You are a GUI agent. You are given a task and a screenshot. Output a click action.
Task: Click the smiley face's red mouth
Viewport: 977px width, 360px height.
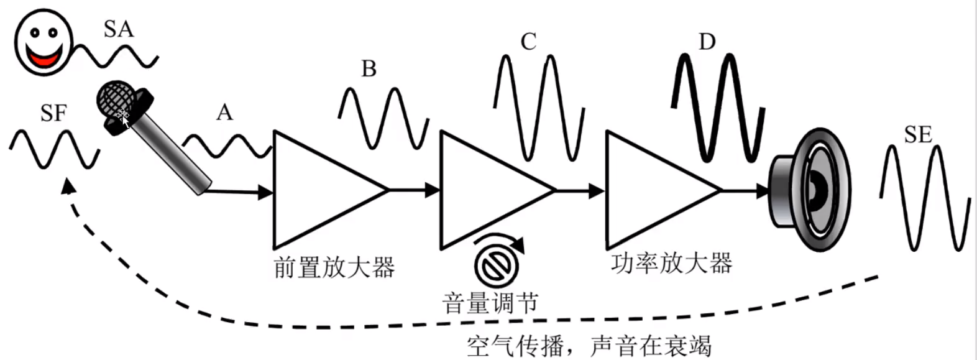[x=44, y=59]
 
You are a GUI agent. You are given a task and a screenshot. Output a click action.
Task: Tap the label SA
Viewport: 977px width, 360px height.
[x=118, y=29]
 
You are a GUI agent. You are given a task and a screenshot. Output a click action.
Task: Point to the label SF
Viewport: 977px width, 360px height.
[x=53, y=113]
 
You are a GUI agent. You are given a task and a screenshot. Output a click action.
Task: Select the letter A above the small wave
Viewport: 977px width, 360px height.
[x=224, y=113]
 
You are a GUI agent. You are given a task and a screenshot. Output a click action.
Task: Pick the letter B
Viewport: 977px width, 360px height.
[x=369, y=68]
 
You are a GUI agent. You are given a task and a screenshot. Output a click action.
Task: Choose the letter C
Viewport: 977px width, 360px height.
[x=528, y=42]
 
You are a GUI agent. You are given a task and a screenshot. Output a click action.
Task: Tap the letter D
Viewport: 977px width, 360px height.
[x=707, y=42]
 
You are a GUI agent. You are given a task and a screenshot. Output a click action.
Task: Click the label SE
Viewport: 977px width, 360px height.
[x=918, y=135]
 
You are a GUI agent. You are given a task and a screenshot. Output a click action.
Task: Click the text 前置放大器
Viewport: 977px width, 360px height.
[x=334, y=268]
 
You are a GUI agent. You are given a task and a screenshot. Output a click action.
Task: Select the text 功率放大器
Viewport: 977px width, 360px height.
[x=671, y=264]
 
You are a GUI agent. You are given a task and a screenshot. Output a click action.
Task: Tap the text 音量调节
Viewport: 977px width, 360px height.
[x=490, y=303]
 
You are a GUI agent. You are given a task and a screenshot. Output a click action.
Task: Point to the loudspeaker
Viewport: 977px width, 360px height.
[x=808, y=190]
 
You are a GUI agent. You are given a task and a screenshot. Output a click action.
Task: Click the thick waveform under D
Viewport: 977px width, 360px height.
[x=718, y=109]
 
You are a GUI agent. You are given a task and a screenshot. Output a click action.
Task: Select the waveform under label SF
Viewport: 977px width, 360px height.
[x=54, y=149]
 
